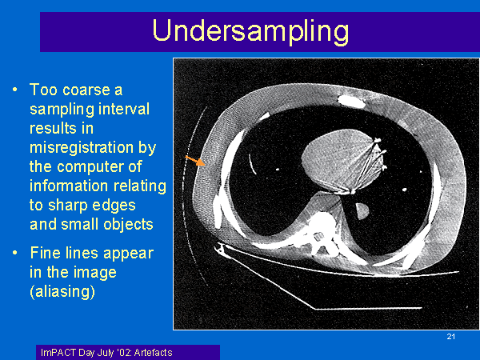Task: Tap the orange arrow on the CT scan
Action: point(195,161)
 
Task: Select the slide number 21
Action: point(451,337)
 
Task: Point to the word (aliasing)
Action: point(62,291)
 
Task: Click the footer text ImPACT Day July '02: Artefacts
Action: point(106,353)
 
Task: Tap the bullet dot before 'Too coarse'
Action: point(14,90)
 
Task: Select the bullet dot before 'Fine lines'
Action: point(14,253)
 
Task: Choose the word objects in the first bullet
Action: point(128,224)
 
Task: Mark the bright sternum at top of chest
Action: point(351,101)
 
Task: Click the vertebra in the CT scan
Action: point(322,230)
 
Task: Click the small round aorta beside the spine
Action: point(362,211)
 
